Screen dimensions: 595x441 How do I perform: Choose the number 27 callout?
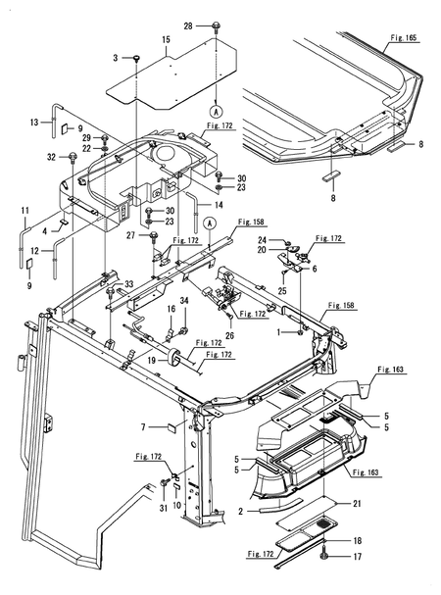(128, 235)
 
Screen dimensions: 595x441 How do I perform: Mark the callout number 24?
(262, 240)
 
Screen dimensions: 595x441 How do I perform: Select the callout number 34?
(183, 300)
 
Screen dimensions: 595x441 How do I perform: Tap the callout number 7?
(143, 426)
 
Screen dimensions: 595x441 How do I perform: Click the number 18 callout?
(356, 540)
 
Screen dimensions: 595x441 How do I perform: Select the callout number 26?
(229, 335)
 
